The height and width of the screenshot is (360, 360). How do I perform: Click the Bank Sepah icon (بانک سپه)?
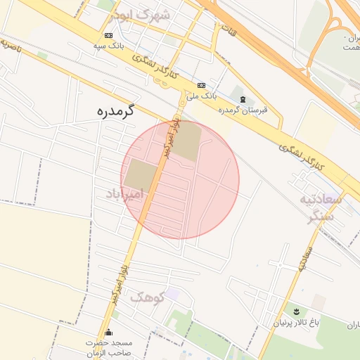(108, 35)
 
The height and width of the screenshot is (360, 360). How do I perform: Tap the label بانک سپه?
(109, 46)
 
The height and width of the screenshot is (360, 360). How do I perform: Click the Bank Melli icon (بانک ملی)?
(202, 84)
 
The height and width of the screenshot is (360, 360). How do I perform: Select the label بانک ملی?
(202, 94)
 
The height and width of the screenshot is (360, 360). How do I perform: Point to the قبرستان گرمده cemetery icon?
(243, 100)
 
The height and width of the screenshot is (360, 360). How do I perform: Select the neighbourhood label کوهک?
(147, 297)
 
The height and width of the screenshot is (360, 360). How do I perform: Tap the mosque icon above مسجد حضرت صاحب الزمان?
(108, 333)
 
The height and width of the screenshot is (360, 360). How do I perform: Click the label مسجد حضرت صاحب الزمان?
(109, 347)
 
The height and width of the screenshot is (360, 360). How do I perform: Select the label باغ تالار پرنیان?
(300, 323)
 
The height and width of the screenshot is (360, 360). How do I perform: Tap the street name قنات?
(228, 31)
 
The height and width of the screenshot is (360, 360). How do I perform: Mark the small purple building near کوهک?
(172, 294)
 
